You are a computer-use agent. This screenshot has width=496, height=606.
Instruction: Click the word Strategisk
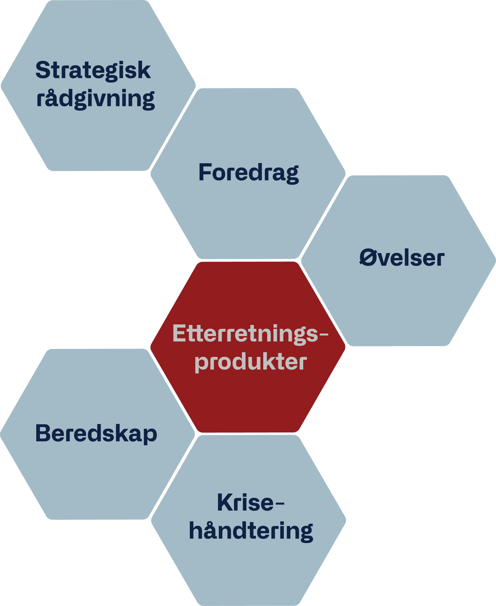pyautogui.click(x=93, y=71)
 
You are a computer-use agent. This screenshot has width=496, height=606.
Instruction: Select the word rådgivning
pyautogui.click(x=95, y=99)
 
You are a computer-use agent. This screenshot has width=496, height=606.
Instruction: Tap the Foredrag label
pyautogui.click(x=248, y=173)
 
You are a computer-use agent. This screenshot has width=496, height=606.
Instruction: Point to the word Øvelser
pyautogui.click(x=402, y=258)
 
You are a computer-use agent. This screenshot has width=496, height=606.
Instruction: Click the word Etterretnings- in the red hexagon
pyautogui.click(x=250, y=334)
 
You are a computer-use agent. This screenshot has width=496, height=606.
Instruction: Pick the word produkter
pyautogui.click(x=251, y=363)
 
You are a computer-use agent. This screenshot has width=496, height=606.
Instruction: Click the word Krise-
pyautogui.click(x=251, y=503)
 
